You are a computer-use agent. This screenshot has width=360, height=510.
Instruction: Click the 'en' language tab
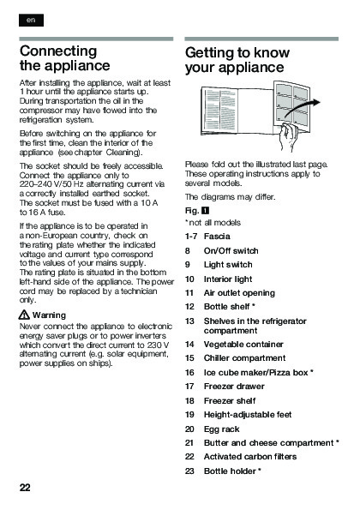[x=31, y=21]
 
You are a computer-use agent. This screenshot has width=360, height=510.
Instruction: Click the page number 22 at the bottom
[x=25, y=487]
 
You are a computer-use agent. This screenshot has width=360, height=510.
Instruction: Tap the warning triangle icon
[x=24, y=315]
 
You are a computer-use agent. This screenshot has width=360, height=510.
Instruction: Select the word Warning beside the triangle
[x=49, y=315]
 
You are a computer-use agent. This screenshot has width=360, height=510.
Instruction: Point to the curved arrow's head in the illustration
[x=316, y=102]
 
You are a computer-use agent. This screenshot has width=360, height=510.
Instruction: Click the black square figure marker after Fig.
[x=205, y=211]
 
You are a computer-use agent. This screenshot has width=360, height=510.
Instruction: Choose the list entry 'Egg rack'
[x=221, y=429]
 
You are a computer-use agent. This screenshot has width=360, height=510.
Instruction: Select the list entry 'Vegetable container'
[x=243, y=344]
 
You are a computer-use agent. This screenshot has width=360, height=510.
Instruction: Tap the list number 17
[x=189, y=387]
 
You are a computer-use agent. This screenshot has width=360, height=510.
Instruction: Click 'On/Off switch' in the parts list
[x=231, y=251]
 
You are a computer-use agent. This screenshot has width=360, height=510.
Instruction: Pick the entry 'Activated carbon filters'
[x=250, y=457]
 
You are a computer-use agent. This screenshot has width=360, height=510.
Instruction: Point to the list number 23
[x=189, y=471]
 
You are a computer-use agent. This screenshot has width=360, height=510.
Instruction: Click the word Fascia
[x=217, y=236]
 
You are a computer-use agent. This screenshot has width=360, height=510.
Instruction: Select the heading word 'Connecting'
[x=58, y=51]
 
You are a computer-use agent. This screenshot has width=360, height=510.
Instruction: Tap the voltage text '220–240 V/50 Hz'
[x=51, y=184]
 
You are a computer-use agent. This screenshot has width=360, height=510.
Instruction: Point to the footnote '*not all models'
[x=213, y=223]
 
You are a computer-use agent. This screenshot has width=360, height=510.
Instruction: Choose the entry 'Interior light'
[x=228, y=279]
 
